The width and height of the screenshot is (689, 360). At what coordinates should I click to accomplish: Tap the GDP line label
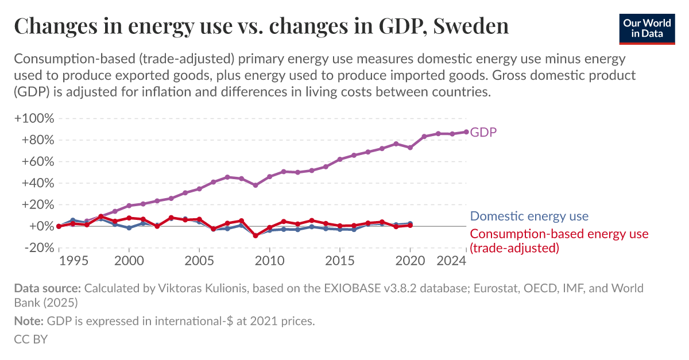pyautogui.click(x=483, y=132)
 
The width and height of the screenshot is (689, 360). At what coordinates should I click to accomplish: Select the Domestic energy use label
pyautogui.click(x=529, y=216)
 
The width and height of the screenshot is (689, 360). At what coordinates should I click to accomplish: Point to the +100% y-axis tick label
pyautogui.click(x=34, y=119)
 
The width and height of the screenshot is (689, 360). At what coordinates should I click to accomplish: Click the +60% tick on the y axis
pyautogui.click(x=37, y=162)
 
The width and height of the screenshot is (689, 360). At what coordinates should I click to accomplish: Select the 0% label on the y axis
pyautogui.click(x=41, y=226)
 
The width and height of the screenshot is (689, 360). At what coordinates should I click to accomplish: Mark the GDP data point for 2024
pyautogui.click(x=466, y=131)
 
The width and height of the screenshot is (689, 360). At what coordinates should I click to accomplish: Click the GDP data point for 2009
pyautogui.click(x=256, y=185)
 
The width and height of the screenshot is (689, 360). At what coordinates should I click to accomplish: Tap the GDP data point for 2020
pyautogui.click(x=410, y=148)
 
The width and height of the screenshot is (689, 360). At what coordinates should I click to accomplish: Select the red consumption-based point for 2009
pyautogui.click(x=256, y=235)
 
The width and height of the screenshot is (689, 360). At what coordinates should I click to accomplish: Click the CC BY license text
pyautogui.click(x=30, y=339)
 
